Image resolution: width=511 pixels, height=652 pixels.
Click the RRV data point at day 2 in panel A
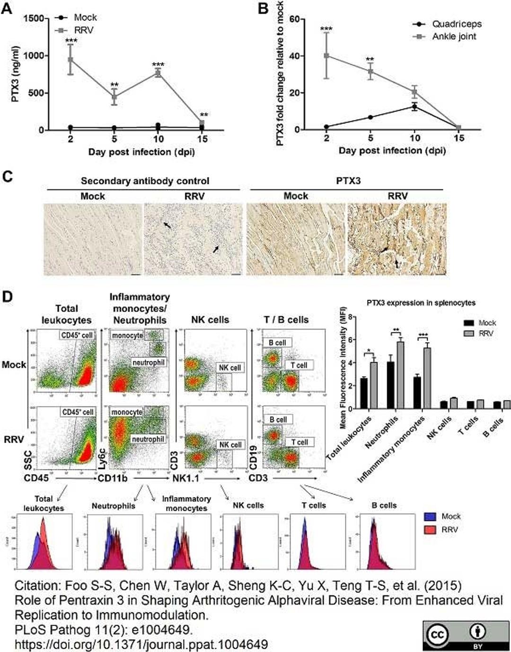pyautogui.click(x=70, y=60)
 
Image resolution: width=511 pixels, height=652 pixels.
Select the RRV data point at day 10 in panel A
pyautogui.click(x=158, y=73)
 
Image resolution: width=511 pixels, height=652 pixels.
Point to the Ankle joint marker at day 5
pyautogui.click(x=370, y=71)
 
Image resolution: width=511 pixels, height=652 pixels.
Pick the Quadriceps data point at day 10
pyautogui.click(x=414, y=107)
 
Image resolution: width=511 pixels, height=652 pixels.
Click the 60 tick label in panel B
pyautogui.click(x=295, y=19)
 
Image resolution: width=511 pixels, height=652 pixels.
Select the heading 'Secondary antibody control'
pyautogui.click(x=145, y=181)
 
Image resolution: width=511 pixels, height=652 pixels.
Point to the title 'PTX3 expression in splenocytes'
pyautogui.click(x=421, y=303)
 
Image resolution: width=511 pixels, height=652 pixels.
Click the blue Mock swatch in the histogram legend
pyautogui.click(x=430, y=517)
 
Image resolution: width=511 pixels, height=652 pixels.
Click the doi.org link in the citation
pyautogui.click(x=141, y=644)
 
